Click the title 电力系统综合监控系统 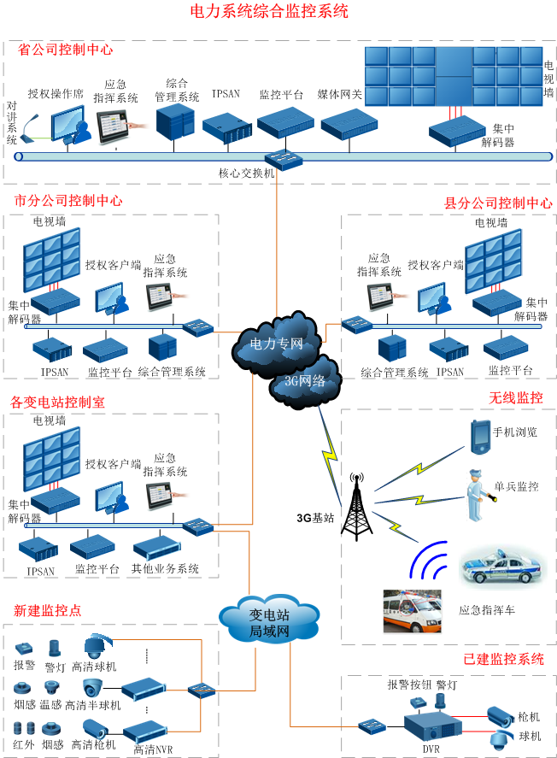pos(268,11)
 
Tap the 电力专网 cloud pos(276,343)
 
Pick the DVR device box pos(429,728)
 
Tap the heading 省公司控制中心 pos(66,49)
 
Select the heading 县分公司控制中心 pos(498,203)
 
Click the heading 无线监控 pos(515,397)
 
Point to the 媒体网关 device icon pos(343,124)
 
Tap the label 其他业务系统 pos(165,568)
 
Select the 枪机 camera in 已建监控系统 pos(499,715)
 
